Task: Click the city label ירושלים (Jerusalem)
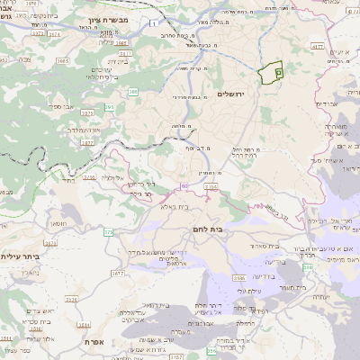[231, 94]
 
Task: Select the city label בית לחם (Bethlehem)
[233, 230]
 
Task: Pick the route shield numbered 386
[133, 91]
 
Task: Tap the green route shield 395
[110, 107]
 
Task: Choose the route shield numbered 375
[108, 232]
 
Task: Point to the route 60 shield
[184, 185]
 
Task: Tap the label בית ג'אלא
[175, 207]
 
